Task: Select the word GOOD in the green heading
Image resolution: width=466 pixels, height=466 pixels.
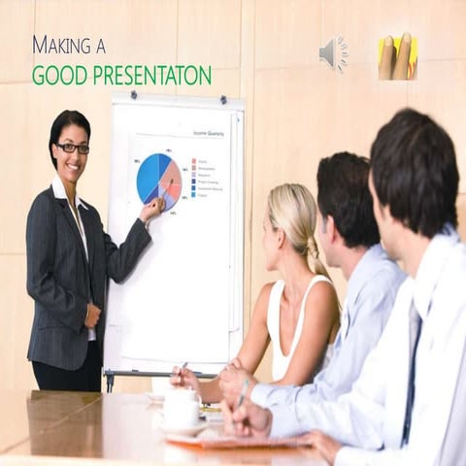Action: point(56,75)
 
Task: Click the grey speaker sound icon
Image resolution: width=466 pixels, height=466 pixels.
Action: point(332,53)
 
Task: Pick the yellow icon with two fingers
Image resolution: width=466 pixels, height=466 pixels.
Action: point(397,56)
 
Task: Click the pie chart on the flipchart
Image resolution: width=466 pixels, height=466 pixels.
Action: point(158,179)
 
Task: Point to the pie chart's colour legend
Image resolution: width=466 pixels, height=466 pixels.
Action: point(205,178)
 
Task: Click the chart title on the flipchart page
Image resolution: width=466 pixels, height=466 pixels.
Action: point(208,133)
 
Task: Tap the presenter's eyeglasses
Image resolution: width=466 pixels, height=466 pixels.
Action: point(73,148)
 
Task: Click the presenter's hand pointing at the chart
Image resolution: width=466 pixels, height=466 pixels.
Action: point(152,209)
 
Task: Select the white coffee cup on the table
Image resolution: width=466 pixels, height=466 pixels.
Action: point(182,407)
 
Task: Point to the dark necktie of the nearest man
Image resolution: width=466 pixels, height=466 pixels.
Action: point(412,369)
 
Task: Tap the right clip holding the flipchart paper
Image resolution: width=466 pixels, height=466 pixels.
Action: point(221,99)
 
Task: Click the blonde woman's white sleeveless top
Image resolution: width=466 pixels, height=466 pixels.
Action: point(291,330)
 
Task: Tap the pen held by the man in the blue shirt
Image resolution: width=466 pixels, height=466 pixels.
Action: point(242,394)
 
